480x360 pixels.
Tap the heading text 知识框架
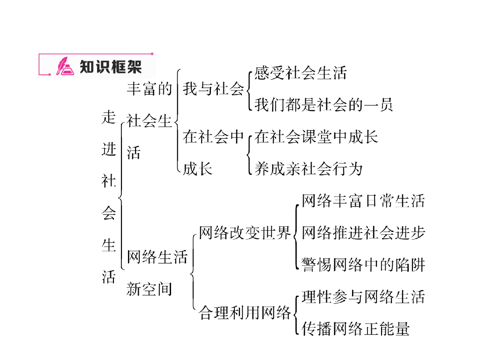111,66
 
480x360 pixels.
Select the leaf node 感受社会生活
300,73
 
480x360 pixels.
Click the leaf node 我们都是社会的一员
323,105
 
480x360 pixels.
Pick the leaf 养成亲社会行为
308,168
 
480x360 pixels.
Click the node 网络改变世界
245,232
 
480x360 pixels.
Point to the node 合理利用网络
245,312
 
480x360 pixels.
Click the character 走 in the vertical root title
109,117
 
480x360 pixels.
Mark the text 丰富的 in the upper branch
150,89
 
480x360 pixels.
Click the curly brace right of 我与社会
248,89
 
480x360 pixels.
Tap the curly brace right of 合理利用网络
295,313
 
